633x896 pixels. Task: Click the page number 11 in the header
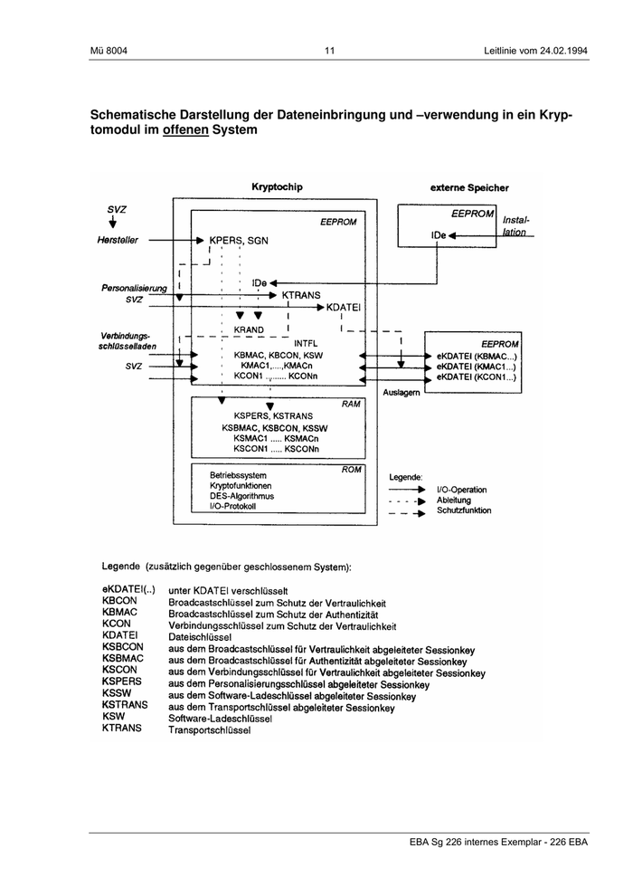pos(330,50)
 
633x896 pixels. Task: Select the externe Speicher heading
pos(468,188)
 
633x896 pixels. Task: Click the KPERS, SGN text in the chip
pos(239,241)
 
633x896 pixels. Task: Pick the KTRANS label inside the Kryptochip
pos(301,295)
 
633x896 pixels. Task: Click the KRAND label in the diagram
pos(249,330)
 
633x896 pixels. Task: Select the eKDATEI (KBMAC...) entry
pos(476,357)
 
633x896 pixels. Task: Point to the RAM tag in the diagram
pos(351,403)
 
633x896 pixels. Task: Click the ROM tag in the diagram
pos(351,470)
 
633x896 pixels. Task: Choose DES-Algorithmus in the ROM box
pos(242,496)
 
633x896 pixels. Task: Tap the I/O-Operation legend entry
pos(461,490)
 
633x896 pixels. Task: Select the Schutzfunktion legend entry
pos(464,510)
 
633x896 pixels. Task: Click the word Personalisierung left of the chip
pos(135,287)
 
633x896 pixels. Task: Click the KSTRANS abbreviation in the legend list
pos(125,705)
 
